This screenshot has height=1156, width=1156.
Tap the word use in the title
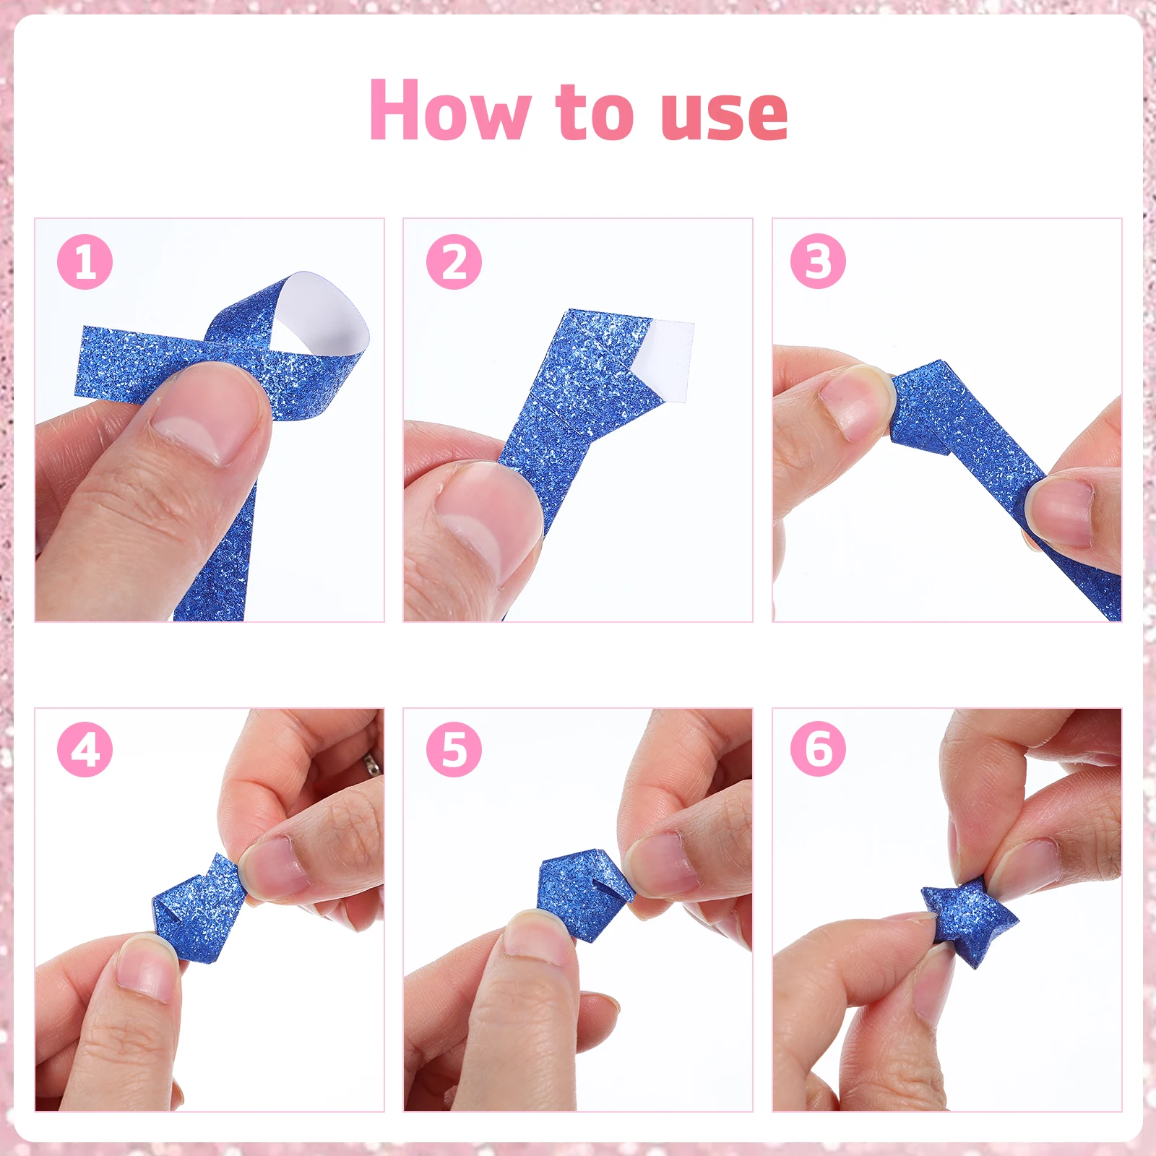(x=724, y=116)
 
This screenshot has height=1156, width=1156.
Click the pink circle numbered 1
(x=85, y=262)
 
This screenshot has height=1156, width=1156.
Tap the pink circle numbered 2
(x=454, y=262)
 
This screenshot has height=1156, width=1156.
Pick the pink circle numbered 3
(x=818, y=262)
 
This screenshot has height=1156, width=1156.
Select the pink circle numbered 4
(x=85, y=749)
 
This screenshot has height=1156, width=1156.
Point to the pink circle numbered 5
(x=454, y=749)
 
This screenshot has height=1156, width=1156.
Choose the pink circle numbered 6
(x=818, y=749)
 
